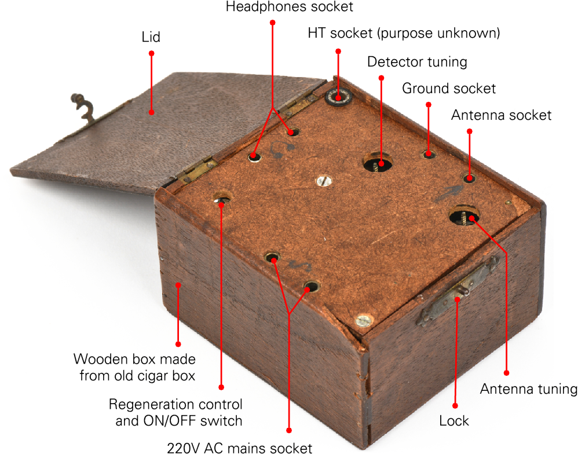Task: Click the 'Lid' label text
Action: (x=151, y=37)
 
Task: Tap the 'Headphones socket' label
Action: (x=290, y=6)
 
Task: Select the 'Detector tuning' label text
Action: (x=417, y=61)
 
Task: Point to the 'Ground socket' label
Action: (x=449, y=88)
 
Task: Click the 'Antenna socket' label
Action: (x=501, y=115)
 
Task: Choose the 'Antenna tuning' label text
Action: (x=529, y=389)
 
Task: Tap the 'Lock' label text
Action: (x=454, y=420)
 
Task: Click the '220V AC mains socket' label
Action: (x=240, y=448)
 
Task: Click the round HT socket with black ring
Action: (x=338, y=97)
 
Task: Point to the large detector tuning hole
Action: (x=378, y=162)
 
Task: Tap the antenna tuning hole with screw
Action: (x=464, y=216)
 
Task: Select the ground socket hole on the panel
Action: (x=429, y=153)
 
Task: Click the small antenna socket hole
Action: (x=469, y=178)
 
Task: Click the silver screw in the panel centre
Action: (x=323, y=181)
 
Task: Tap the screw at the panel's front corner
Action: (x=364, y=321)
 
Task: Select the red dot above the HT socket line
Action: (x=338, y=51)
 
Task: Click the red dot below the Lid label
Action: (x=151, y=53)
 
